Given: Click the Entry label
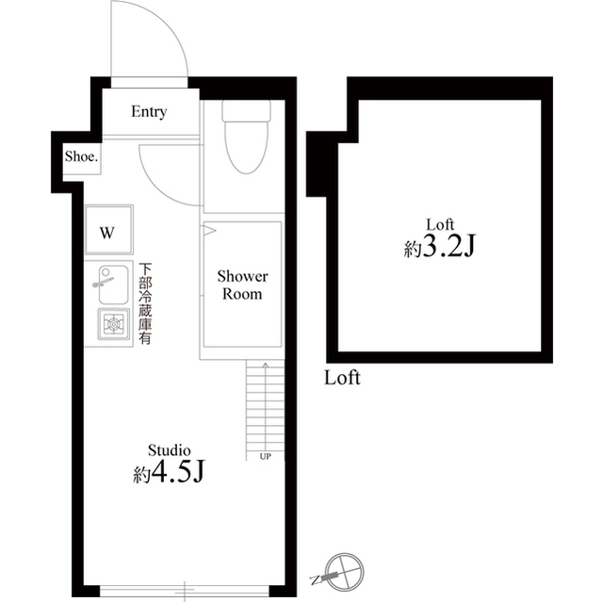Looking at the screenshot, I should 149,112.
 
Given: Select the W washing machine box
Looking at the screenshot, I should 107,232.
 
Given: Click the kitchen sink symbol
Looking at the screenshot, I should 109,284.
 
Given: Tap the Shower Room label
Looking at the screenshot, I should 242,285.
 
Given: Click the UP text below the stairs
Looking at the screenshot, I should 266,456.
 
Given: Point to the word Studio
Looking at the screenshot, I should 170,450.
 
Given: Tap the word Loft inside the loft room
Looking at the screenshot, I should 440,224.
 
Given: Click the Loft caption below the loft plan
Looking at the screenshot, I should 342,379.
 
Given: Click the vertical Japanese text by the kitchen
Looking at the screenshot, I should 146,304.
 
